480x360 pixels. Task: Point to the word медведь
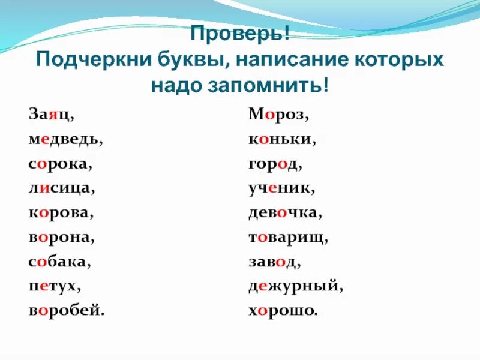click(x=64, y=139)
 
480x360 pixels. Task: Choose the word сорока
click(x=59, y=164)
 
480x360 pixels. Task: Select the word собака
click(x=58, y=262)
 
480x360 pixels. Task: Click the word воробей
click(x=65, y=311)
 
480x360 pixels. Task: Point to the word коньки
click(x=281, y=139)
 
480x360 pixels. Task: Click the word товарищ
click(x=287, y=238)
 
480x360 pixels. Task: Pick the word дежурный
click(x=295, y=287)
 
